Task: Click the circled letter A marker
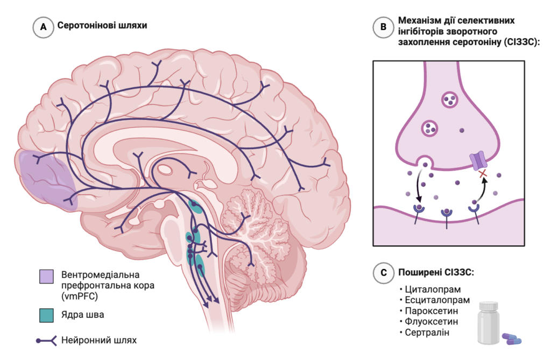click(43, 27)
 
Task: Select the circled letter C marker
click(383, 273)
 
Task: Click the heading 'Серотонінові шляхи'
click(102, 26)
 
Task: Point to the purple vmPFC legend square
click(47, 276)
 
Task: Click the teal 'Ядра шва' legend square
click(47, 315)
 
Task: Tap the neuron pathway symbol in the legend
click(47, 340)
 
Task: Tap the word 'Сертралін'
click(429, 333)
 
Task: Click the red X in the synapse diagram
click(482, 174)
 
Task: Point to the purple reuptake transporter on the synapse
click(477, 160)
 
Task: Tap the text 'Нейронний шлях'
click(100, 340)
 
